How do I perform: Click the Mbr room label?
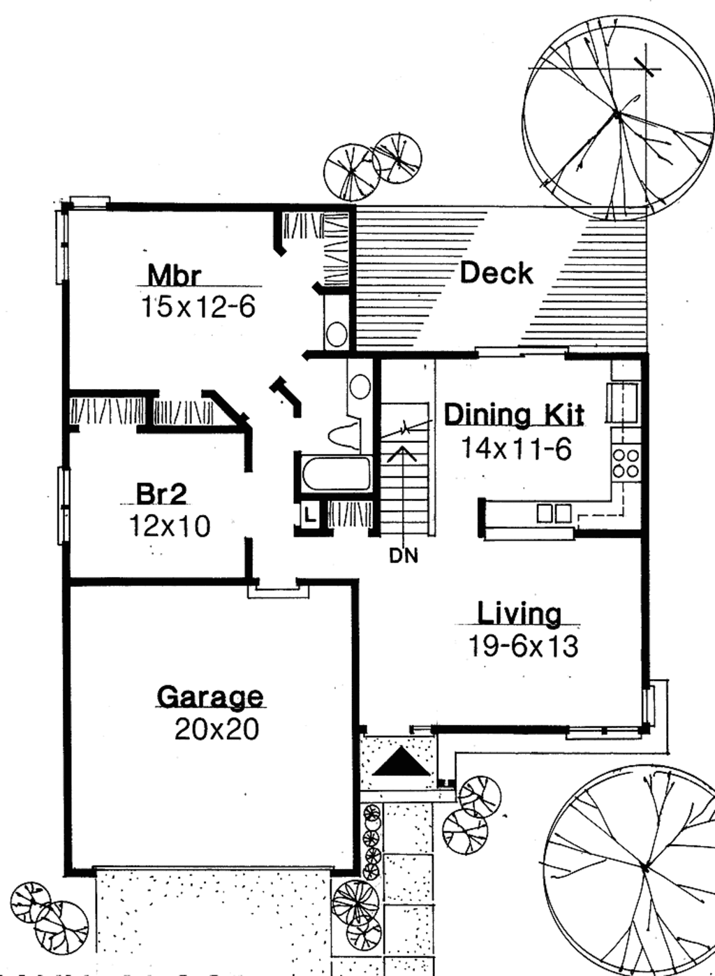[174, 275]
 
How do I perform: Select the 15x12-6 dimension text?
[199, 307]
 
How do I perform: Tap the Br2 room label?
[161, 494]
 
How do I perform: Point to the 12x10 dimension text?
[169, 526]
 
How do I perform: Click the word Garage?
[210, 697]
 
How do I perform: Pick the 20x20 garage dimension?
[216, 729]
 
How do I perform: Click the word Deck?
[496, 272]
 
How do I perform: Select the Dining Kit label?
[514, 414]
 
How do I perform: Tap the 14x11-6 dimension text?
[516, 448]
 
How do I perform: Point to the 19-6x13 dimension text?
[522, 646]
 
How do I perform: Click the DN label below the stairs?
[404, 557]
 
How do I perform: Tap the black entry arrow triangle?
[401, 762]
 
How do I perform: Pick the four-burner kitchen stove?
[625, 462]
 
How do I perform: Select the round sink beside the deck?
[337, 335]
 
